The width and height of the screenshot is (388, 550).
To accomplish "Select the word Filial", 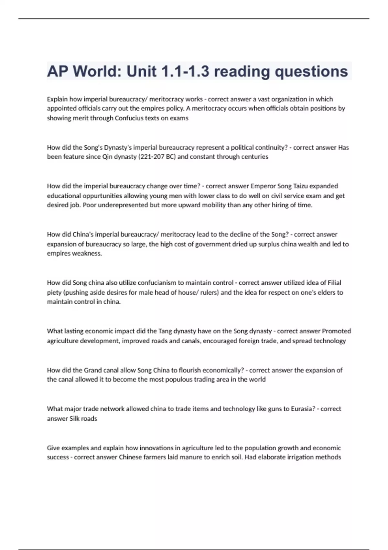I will (334, 283).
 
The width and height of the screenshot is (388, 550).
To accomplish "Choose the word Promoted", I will (336, 331).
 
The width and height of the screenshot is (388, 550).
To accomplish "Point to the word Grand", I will (93, 370).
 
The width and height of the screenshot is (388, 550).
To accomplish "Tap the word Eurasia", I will (303, 409).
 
